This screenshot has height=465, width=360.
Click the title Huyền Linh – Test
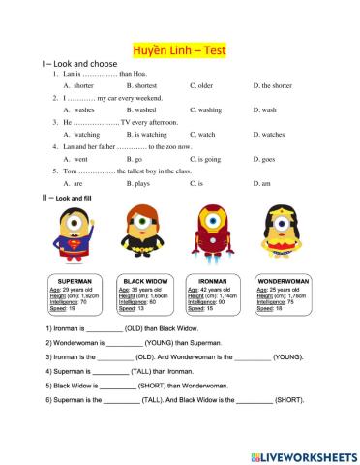pyautogui.click(x=179, y=50)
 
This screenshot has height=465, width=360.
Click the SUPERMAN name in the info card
pyautogui.click(x=75, y=281)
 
